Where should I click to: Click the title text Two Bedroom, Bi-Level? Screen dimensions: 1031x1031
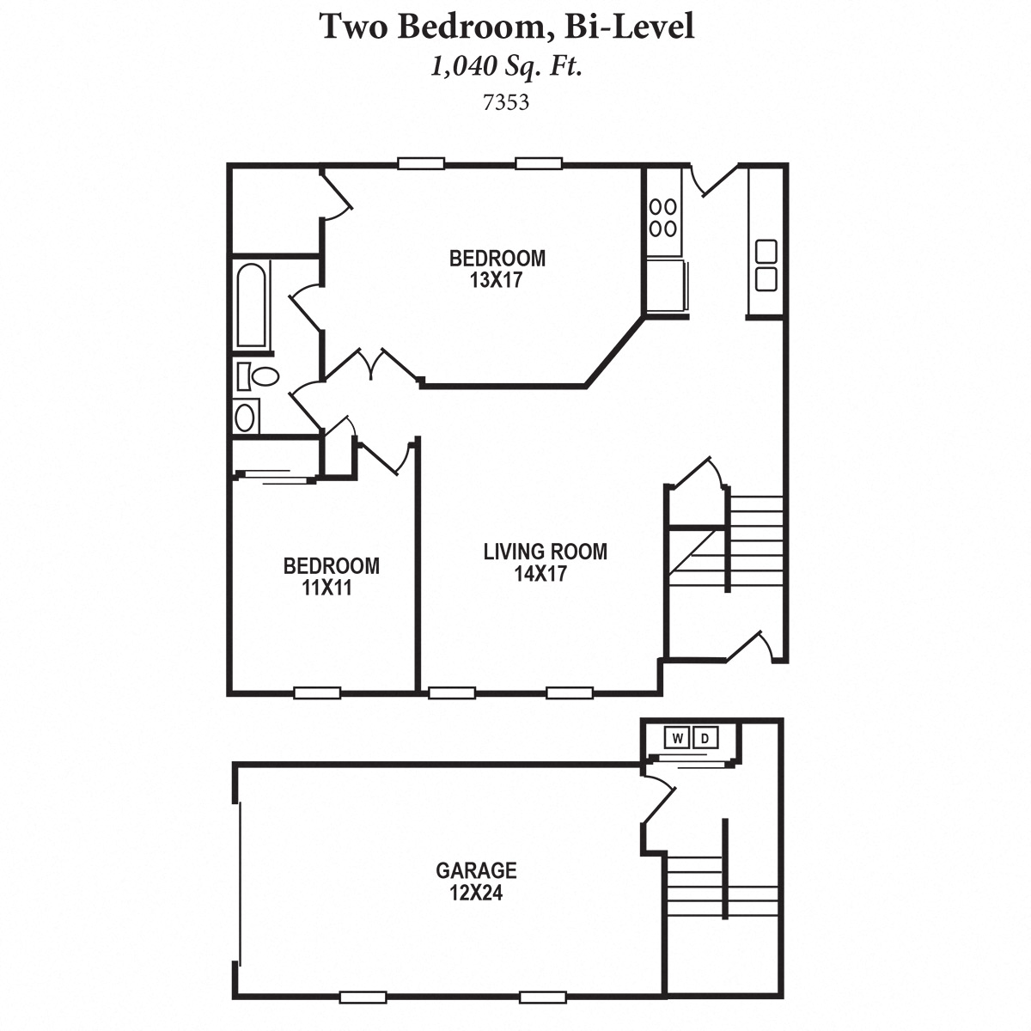(x=507, y=27)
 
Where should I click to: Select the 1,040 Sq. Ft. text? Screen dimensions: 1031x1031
(x=507, y=67)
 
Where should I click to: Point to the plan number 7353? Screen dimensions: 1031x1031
(x=506, y=103)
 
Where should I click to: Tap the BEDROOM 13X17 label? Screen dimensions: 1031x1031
(x=497, y=269)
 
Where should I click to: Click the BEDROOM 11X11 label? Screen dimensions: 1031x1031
(x=331, y=577)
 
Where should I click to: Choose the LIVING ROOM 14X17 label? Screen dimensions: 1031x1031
(x=545, y=563)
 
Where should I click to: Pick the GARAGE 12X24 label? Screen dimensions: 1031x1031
(x=476, y=882)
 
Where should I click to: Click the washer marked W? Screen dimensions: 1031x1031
(x=678, y=738)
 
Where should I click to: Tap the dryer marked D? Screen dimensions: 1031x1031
(x=705, y=738)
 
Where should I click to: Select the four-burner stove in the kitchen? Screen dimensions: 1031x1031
(x=663, y=217)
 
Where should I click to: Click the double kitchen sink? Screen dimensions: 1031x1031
(x=766, y=265)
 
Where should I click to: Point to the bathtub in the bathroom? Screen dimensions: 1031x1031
(x=251, y=305)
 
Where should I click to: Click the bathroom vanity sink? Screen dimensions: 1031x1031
(x=246, y=418)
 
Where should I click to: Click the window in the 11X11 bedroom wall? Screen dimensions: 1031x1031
(x=317, y=692)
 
